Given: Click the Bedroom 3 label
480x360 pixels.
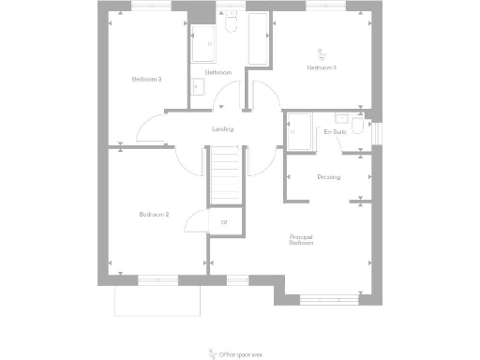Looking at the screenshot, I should pos(145,79).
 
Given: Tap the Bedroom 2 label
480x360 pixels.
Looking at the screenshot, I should pos(154,215).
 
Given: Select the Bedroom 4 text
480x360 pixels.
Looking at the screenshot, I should pos(321,68).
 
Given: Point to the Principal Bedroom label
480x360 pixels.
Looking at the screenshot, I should pos(301,240).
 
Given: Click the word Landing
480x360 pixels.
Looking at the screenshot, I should pos(222,129).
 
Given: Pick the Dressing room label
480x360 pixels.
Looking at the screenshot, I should pos(328,177).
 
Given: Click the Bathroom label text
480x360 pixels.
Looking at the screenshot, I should pos(218,73).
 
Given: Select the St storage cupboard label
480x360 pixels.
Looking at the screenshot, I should pos(224,222).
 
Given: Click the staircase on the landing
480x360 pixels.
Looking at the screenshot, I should pos(225,177).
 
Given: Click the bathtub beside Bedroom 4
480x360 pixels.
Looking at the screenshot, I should pos(258,38).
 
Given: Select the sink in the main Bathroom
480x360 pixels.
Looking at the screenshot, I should pos(199,85).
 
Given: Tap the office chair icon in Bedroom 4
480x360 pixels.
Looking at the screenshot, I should pos(322,53).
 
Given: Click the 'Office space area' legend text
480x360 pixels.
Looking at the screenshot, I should pos(243,354).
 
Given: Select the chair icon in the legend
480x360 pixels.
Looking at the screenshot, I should pos(211,353).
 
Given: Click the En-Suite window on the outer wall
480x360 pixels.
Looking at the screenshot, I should pos(378,132).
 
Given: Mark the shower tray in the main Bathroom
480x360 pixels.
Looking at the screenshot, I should pos(203,41).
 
